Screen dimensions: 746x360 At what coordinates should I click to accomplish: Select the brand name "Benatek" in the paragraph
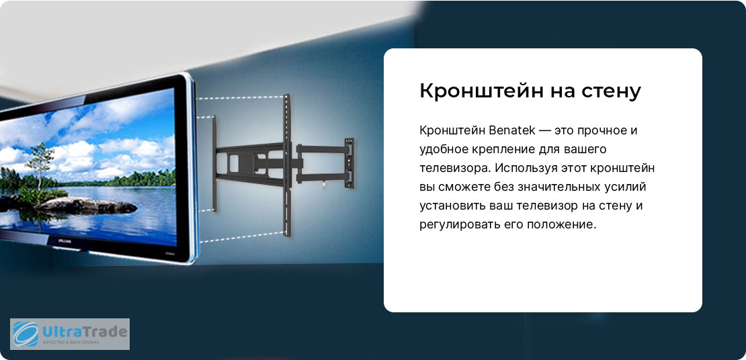516,130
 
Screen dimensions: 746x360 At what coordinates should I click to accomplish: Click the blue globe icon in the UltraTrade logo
26,333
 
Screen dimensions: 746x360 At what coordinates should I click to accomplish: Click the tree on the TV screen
40,164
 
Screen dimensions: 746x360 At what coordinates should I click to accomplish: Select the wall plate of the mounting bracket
349,162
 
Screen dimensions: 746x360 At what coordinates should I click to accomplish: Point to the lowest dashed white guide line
242,237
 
